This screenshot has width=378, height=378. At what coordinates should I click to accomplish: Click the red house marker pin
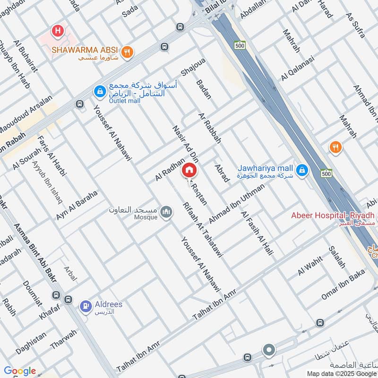pyautogui.click(x=189, y=170)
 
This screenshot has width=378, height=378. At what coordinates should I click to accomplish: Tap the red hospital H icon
pyautogui.click(x=58, y=31)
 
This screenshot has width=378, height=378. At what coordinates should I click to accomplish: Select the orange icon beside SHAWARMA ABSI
pyautogui.click(x=126, y=52)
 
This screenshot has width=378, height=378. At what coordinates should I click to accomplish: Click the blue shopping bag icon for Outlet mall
pyautogui.click(x=100, y=90)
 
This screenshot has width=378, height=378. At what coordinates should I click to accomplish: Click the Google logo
pyautogui.click(x=20, y=371)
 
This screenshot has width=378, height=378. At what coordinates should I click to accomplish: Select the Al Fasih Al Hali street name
pyautogui.click(x=257, y=233)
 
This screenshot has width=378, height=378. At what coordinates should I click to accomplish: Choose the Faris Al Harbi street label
pyautogui.click(x=52, y=155)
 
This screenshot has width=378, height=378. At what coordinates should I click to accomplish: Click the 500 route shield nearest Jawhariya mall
pyautogui.click(x=325, y=173)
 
